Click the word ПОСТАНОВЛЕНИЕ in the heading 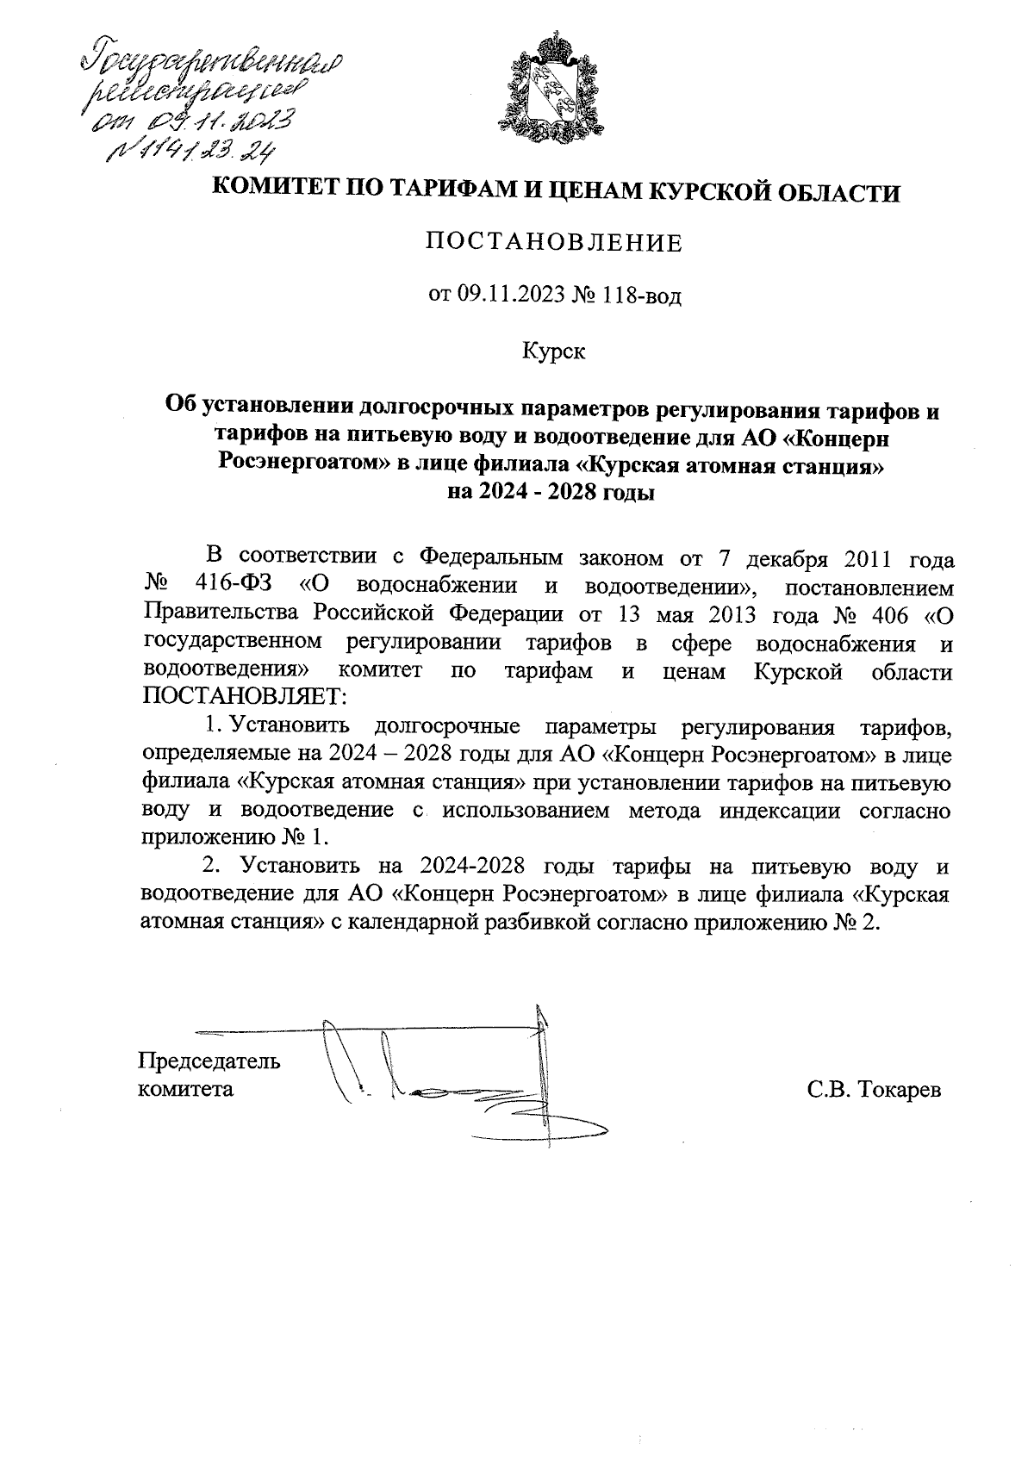554,243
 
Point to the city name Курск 554,352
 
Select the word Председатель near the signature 209,1059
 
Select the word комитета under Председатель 186,1088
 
